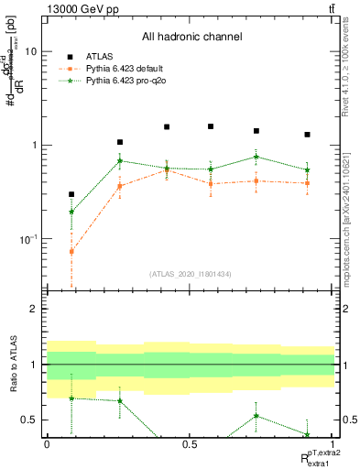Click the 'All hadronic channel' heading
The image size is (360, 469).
click(191, 38)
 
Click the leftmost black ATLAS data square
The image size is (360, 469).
click(71, 194)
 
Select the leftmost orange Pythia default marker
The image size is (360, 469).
click(71, 251)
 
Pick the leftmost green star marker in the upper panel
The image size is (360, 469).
click(71, 212)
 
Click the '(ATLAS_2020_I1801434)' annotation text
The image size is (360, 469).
click(191, 274)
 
